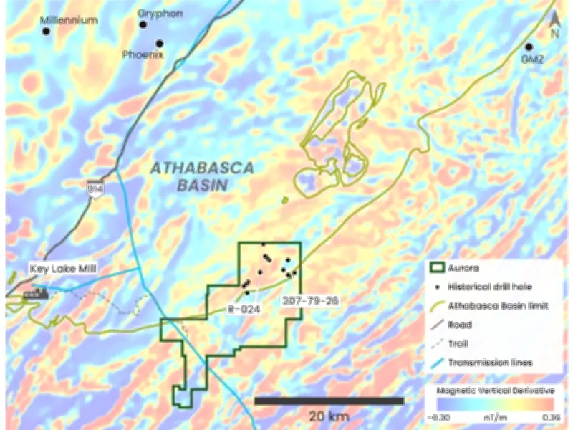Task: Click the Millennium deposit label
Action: [x=69, y=20]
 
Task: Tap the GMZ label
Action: [x=532, y=59]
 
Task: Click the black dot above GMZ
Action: [x=529, y=47]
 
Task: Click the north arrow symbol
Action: [x=554, y=25]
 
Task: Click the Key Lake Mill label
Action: [x=64, y=269]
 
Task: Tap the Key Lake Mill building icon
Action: [x=34, y=293]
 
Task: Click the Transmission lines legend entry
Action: [x=490, y=363]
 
